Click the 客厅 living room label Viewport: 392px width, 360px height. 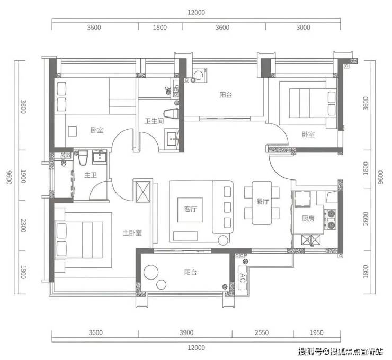coord(191,209)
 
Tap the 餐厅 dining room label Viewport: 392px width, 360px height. coord(263,201)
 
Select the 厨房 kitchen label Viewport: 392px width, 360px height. coord(308,219)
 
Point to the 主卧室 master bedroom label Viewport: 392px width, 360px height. coord(132,233)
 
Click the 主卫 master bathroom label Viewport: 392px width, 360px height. coord(90,175)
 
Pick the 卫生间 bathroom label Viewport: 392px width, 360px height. coord(154,121)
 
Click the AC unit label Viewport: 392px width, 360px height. coord(242,277)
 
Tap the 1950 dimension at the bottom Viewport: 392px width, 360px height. coord(316,332)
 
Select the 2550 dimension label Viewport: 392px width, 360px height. coord(262,332)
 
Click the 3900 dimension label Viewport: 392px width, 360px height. coord(186,332)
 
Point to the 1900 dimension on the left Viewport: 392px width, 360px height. coord(23,176)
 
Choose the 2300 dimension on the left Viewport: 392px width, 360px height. coord(23,226)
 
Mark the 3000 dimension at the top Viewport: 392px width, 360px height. coord(303,27)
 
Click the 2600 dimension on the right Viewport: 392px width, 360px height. coord(366,218)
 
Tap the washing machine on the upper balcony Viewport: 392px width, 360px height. coord(199,75)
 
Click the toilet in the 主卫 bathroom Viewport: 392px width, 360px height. coord(83,157)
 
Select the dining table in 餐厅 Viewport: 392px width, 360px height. coord(262,203)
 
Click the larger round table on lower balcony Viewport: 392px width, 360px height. coord(150,273)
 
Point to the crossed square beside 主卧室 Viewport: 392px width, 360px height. coord(142,192)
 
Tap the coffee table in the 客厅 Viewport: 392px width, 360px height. coord(190,210)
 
